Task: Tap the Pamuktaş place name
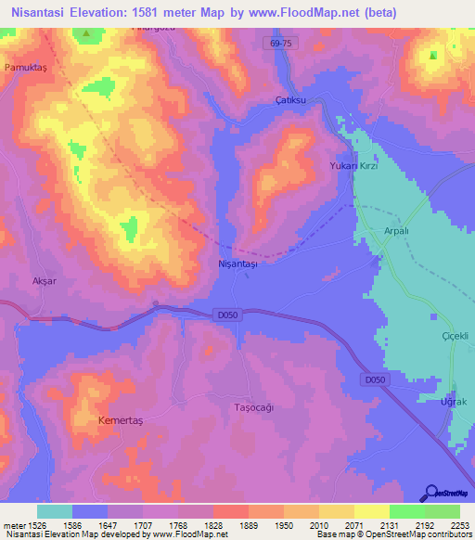point(25,68)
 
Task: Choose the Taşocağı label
point(254,406)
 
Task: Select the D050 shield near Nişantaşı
point(230,315)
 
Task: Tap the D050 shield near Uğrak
point(374,379)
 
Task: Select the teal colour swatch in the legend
point(55,511)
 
